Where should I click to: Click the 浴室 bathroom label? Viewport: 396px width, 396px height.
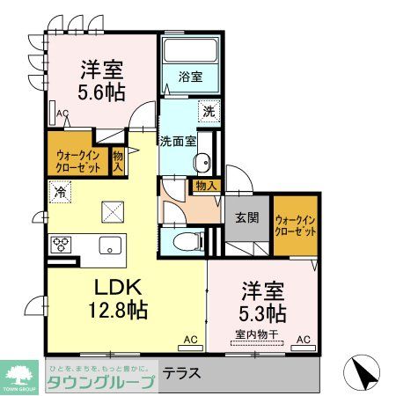pyautogui.click(x=192, y=77)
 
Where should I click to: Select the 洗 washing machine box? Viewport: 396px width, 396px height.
pyautogui.click(x=209, y=112)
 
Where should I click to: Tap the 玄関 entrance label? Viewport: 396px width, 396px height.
pyautogui.click(x=246, y=218)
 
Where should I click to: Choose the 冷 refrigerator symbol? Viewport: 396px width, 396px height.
pyautogui.click(x=61, y=189)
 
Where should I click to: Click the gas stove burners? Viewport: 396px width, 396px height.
pyautogui.click(x=62, y=244)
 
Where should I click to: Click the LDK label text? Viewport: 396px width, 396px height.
pyautogui.click(x=117, y=288)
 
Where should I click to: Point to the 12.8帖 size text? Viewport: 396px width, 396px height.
pyautogui.click(x=117, y=310)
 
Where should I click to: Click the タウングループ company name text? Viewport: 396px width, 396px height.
pyautogui.click(x=99, y=379)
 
